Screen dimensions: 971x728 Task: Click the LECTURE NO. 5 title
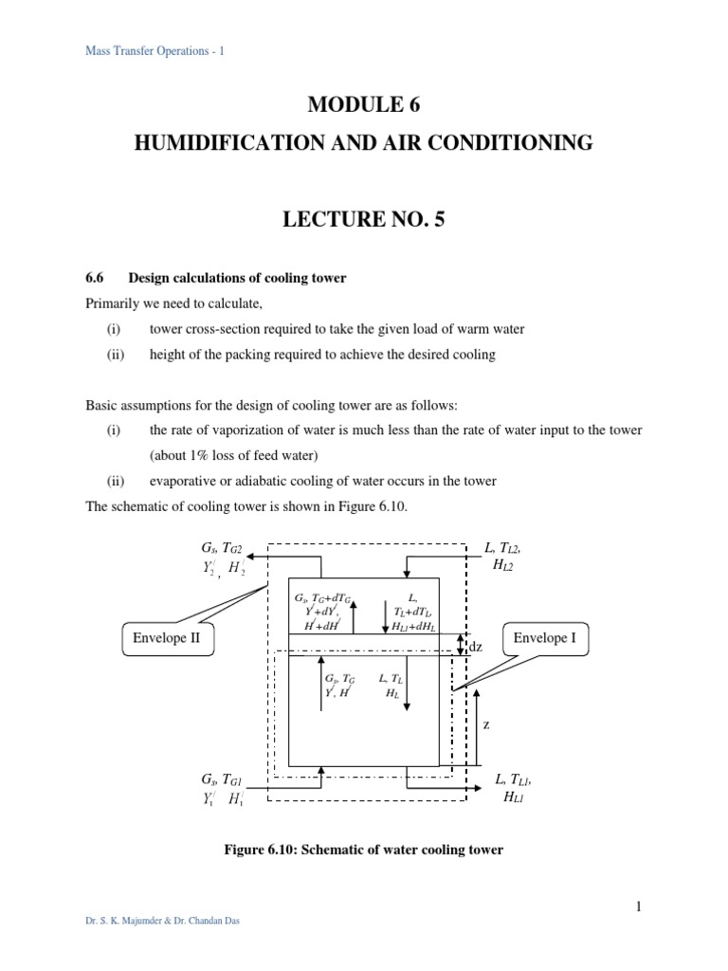pos(364,220)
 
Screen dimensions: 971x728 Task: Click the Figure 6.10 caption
pos(363,851)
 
